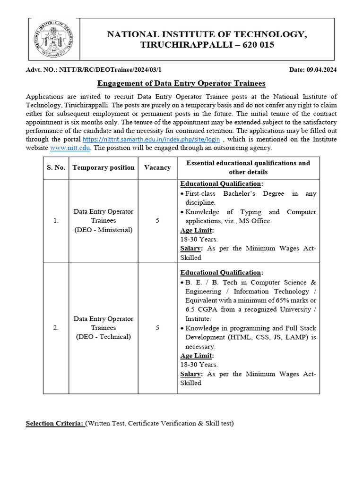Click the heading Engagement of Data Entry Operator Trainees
coord(181,83)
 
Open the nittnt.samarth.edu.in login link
coord(151,140)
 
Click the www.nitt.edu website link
coord(70,148)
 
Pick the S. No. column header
coord(56,167)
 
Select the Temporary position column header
coord(104,167)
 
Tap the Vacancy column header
coord(157,167)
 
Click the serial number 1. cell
coord(56,221)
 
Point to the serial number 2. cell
coord(56,328)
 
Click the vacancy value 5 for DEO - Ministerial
coord(157,221)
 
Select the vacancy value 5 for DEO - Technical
coord(157,328)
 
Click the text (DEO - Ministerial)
coord(104,230)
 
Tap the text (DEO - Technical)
coord(104,337)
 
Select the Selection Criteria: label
coord(55,423)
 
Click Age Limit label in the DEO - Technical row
coord(197,356)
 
